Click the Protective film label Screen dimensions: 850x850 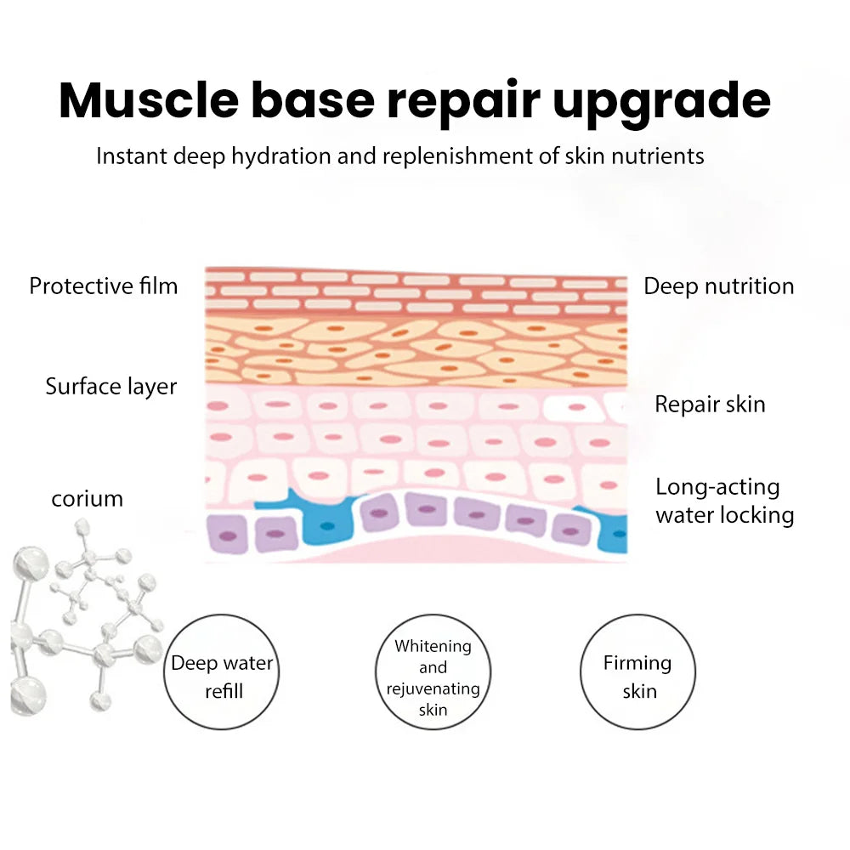pos(104,286)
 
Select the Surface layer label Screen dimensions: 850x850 pos(111,387)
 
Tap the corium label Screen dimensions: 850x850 pos(88,498)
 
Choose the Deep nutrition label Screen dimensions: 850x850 pos(718,286)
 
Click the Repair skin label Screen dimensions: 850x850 pos(710,404)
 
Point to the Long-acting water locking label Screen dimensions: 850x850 pos(724,501)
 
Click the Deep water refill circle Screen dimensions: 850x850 pos(223,675)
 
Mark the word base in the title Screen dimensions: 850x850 pos(312,100)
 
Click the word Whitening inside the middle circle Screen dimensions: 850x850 pos(433,646)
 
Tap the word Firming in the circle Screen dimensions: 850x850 pos(637,663)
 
